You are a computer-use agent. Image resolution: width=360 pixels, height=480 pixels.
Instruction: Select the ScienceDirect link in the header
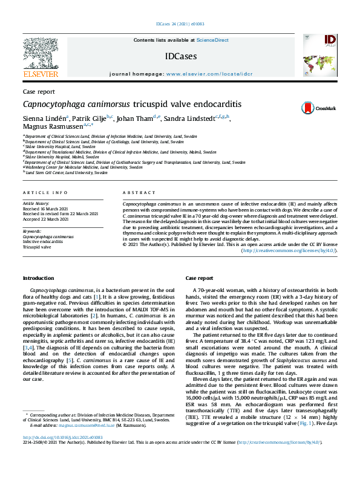coord(212,40)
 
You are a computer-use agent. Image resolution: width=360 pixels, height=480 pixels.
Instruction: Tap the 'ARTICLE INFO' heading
coord(45,192)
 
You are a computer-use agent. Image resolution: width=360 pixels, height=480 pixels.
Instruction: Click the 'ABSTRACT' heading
coord(139,192)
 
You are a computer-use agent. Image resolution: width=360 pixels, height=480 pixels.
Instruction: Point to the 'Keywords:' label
coord(32,232)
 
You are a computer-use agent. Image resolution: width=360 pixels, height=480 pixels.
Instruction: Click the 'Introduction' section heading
coord(38,278)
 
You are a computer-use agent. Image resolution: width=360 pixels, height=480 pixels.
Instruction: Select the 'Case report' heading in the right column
coord(199,278)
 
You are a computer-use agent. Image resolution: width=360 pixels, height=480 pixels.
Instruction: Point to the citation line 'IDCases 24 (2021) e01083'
coord(180,24)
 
